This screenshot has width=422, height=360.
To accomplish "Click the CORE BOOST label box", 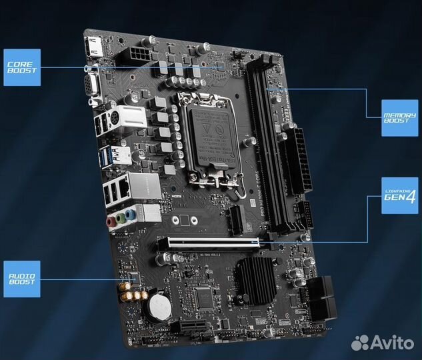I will [21, 67].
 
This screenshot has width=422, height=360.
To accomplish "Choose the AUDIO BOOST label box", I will [21, 278].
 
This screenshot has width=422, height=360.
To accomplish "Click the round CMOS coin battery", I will [160, 307].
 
